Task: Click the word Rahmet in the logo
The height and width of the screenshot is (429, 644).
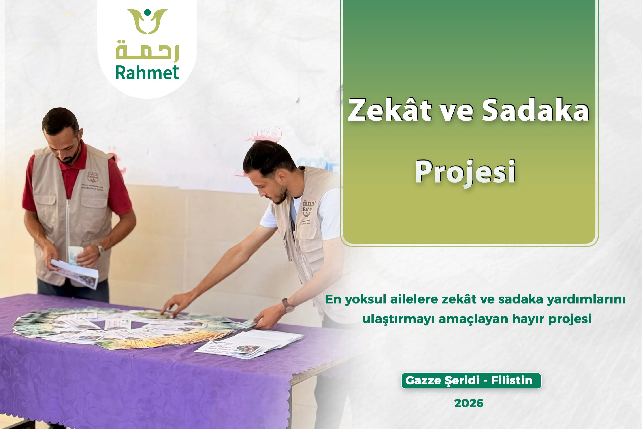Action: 147,73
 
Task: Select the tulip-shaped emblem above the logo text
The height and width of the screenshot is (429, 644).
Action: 147,21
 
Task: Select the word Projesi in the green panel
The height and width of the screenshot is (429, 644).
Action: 465,172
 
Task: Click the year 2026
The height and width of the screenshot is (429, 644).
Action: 469,403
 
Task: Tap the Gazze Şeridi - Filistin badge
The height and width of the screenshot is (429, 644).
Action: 471,380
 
